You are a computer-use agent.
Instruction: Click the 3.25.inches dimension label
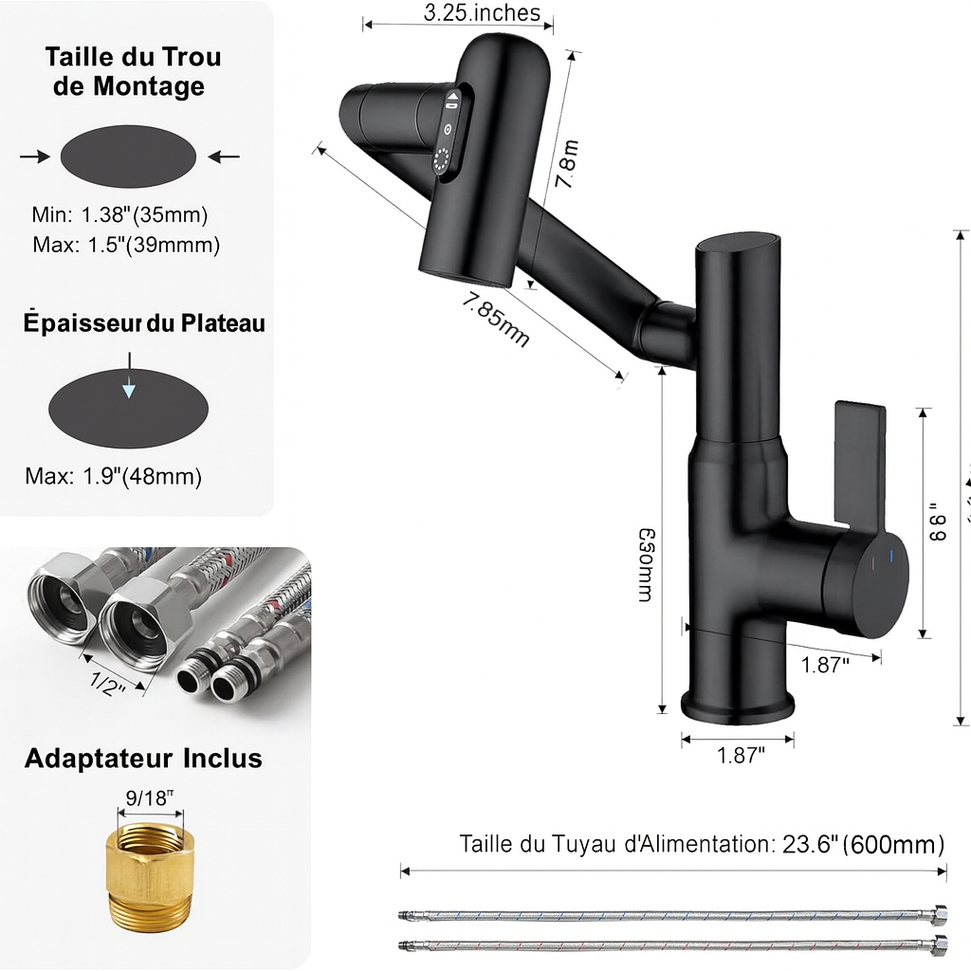[x=482, y=12]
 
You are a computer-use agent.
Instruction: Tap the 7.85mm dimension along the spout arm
[x=496, y=320]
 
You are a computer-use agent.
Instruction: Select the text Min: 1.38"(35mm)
[x=119, y=214]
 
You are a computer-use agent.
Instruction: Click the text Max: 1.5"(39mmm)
[x=125, y=245]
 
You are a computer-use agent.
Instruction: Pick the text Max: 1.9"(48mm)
[x=114, y=476]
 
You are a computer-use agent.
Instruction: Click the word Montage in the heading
[x=149, y=86]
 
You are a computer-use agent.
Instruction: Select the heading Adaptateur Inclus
[x=143, y=759]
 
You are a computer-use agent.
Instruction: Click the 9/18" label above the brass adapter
[x=146, y=799]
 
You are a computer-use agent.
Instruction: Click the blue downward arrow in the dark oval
[x=129, y=391]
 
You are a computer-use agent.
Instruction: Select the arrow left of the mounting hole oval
[x=34, y=156]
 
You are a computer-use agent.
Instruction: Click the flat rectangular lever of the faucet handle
[x=860, y=465]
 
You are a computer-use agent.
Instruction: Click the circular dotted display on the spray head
[x=443, y=161]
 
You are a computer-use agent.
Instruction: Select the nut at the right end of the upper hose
[x=940, y=915]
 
